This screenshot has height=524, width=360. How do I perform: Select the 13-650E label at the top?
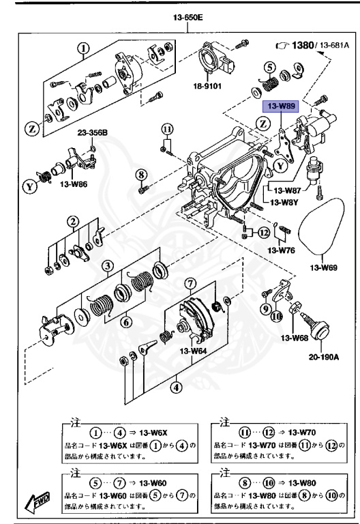click(x=189, y=18)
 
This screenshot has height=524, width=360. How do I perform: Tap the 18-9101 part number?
click(x=211, y=87)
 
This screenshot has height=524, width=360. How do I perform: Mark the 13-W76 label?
click(x=281, y=250)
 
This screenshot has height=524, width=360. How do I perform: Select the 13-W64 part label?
click(x=194, y=351)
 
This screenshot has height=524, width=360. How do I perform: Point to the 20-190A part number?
click(x=325, y=356)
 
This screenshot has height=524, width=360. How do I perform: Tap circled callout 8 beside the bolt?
click(x=142, y=175)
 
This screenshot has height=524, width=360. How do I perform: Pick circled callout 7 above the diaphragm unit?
click(x=190, y=282)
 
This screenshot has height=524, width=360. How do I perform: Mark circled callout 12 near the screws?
click(x=264, y=233)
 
